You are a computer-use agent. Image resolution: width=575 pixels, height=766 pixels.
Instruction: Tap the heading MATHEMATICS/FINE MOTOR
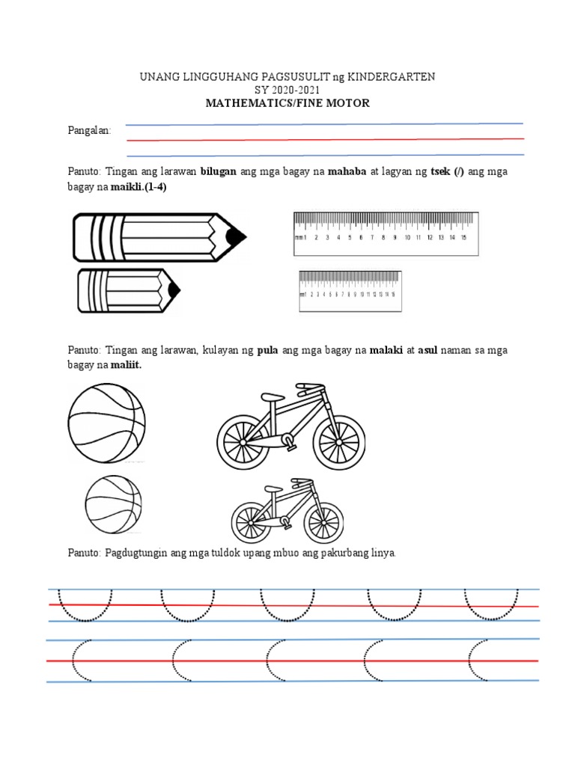click(x=287, y=103)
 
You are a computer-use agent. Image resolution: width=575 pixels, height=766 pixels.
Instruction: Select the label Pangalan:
click(x=89, y=131)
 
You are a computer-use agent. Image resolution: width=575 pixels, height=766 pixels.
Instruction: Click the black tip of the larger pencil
click(x=236, y=237)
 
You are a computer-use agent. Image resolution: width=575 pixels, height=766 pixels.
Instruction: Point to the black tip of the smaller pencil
click(x=174, y=289)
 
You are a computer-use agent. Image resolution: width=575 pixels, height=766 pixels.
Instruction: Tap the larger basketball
click(x=107, y=424)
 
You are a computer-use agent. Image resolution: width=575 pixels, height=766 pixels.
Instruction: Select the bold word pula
click(x=268, y=350)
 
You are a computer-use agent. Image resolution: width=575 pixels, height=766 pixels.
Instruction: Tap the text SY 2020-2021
click(x=287, y=90)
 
